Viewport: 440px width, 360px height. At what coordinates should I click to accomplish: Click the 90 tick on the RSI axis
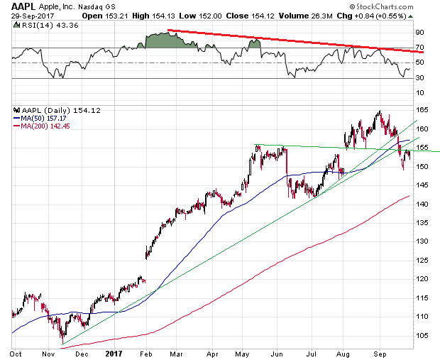419,32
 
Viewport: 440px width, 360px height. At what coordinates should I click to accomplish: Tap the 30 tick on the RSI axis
419,78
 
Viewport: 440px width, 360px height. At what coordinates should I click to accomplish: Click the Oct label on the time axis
15,353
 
